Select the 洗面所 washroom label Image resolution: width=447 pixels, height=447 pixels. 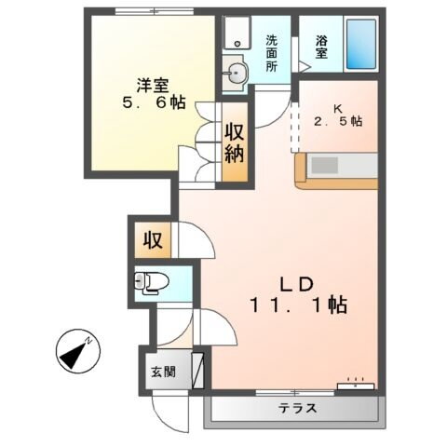click(x=272, y=53)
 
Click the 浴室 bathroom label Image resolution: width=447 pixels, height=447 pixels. click(x=321, y=47)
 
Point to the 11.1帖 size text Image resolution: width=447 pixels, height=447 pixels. click(x=298, y=305)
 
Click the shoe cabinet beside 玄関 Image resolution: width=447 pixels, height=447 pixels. click(x=197, y=369)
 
